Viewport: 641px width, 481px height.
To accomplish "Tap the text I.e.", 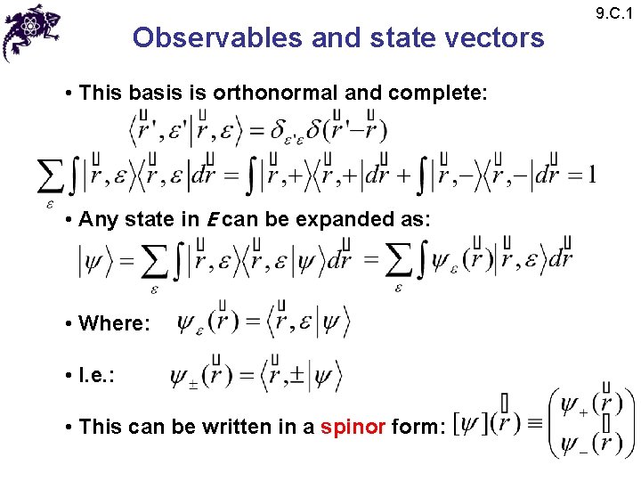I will coord(97,375).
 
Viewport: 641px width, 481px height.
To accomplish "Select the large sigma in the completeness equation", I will coord(51,175).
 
